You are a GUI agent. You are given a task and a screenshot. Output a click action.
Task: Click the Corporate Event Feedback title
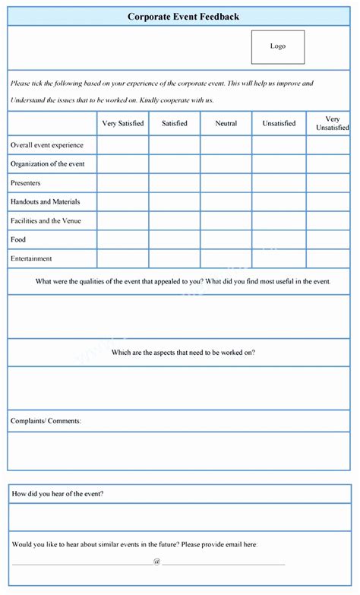click(183, 16)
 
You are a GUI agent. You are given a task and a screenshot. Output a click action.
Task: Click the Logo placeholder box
click(278, 46)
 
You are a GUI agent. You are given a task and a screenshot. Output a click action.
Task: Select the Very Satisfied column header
click(122, 123)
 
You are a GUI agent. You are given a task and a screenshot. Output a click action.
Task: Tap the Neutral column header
click(226, 123)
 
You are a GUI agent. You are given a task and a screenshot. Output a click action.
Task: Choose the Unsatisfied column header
click(279, 123)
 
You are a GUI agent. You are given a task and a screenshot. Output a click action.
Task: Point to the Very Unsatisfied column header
click(332, 123)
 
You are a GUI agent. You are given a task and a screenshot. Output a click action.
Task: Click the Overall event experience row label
click(47, 145)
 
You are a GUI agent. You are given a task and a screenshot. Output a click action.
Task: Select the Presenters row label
click(26, 183)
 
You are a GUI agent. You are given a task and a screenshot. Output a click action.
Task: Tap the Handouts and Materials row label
click(45, 202)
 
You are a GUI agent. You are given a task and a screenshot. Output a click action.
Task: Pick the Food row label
click(18, 240)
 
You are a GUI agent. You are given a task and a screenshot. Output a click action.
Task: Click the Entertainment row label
click(31, 259)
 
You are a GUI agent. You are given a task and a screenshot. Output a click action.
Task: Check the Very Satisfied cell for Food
click(122, 240)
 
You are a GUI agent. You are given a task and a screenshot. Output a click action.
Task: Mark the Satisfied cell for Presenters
click(175, 183)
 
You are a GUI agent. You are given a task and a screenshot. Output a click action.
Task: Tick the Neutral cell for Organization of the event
click(226, 164)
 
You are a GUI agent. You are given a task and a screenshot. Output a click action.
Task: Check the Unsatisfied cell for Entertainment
click(279, 259)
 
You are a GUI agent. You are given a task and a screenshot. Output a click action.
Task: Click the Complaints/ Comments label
click(46, 420)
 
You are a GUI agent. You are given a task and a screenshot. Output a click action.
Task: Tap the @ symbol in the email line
click(156, 562)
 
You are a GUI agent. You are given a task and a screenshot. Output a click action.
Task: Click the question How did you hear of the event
click(58, 494)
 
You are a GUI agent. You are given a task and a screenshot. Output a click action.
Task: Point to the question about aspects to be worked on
click(183, 353)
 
